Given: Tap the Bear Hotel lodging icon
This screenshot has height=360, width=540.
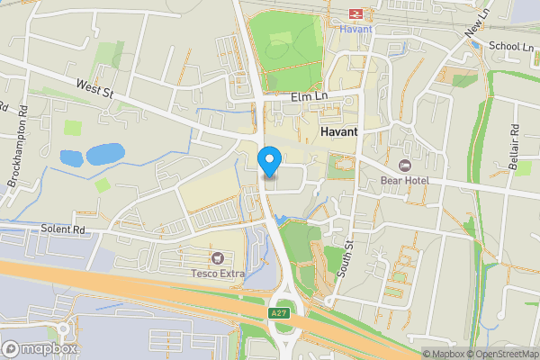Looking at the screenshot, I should [403, 166].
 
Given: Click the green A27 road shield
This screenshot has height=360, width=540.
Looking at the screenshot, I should [280, 312].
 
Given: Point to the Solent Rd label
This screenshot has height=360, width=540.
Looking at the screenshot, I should [62, 230].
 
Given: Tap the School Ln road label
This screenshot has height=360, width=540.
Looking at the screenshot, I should [510, 46].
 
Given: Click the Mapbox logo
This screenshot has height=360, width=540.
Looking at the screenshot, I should [40, 348].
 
